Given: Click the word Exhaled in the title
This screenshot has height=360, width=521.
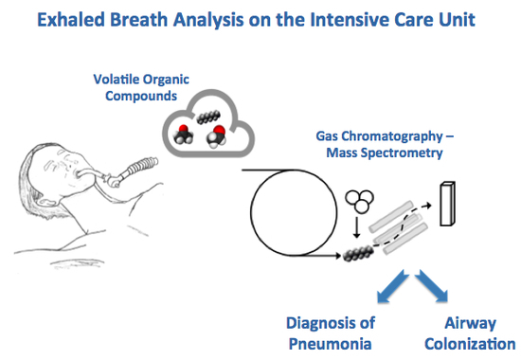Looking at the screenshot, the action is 71,19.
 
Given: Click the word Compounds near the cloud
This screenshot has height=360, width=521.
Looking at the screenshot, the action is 141,96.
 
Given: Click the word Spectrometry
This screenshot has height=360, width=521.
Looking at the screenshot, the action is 402,153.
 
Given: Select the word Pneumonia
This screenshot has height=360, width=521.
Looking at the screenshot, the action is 330,344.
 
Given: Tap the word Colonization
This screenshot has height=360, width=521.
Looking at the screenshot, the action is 470,344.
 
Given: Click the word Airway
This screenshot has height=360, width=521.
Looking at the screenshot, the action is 470,323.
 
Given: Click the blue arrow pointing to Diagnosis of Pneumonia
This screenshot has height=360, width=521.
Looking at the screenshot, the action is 392,286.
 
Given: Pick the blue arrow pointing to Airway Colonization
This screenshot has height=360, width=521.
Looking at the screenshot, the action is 432,286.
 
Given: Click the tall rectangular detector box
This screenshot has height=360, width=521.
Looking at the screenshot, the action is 447,204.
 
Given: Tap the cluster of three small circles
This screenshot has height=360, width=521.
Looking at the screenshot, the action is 360,201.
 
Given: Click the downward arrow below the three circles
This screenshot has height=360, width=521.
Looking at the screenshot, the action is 356,228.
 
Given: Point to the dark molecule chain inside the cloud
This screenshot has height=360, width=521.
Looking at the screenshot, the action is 208,117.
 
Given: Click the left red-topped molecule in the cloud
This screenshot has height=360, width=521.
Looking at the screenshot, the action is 183,135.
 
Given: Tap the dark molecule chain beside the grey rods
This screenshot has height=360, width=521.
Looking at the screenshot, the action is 358,253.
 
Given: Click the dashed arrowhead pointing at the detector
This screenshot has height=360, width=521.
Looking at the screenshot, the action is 428,206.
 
